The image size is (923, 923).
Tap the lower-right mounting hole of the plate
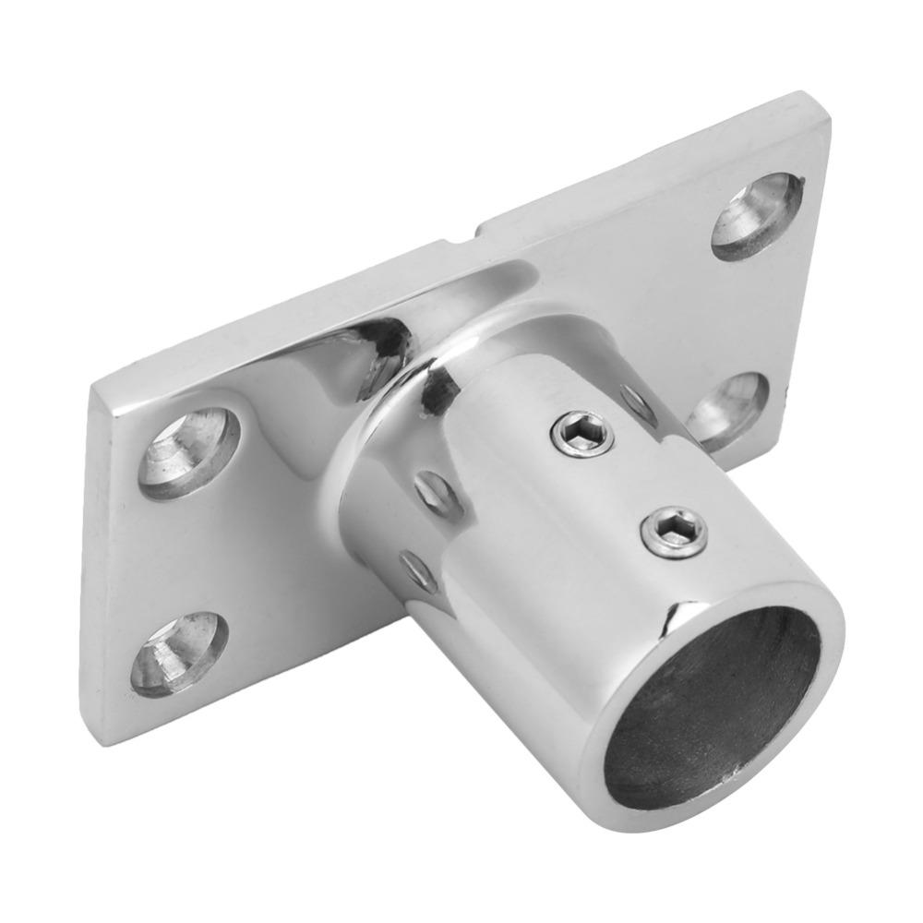point(728,411)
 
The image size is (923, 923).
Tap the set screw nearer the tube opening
point(676,533)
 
